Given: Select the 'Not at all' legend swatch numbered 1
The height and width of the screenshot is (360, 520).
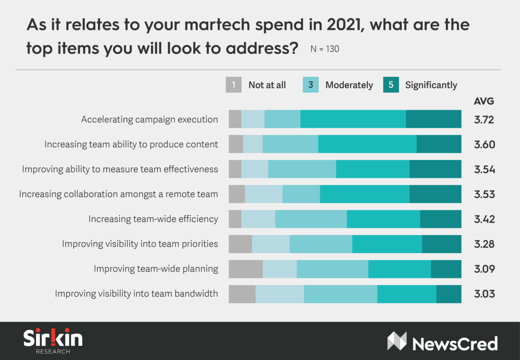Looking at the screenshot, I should pos(233,85).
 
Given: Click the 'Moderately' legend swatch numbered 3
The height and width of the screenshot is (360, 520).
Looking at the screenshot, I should pos(310,85).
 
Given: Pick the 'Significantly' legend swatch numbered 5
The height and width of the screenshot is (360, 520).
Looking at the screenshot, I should pos(391,85).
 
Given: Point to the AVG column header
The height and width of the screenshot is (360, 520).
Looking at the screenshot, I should pos(484,101).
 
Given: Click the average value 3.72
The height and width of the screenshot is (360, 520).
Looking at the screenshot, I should pos(484,120).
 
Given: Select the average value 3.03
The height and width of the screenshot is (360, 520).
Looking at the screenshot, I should pos(484,294).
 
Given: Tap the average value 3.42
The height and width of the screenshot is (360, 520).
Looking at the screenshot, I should pos(484,219).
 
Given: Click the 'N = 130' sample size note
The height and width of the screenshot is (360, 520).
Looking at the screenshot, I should pos(324,49).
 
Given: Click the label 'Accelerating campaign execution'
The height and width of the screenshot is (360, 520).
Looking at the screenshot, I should pos(149,120).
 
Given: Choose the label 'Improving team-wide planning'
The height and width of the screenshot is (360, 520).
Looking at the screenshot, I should pos(156,269).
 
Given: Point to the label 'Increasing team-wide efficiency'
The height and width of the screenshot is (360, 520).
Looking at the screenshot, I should pos(153,219).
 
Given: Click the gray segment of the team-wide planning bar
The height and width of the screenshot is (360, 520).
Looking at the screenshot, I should pos(246,269).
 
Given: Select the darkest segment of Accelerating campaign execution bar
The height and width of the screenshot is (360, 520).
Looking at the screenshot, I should pos(434,120).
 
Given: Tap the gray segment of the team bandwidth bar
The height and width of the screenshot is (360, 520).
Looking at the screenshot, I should pos(242,294).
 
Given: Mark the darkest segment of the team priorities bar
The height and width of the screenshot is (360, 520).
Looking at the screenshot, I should pos(442,244).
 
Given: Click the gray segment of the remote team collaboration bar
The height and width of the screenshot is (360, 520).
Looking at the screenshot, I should pos(237,194).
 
